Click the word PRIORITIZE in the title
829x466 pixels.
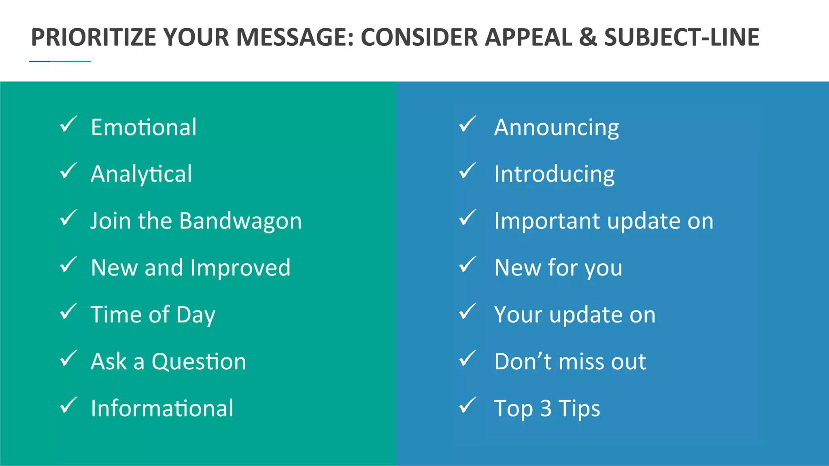pyautogui.click(x=94, y=37)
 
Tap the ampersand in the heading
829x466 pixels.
pyautogui.click(x=587, y=37)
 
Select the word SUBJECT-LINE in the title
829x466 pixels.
pyautogui.click(x=682, y=37)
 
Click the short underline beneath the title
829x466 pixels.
pyautogui.click(x=60, y=61)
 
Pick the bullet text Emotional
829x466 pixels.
pyautogui.click(x=144, y=127)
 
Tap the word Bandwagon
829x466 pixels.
pyautogui.click(x=240, y=221)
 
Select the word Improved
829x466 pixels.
pyautogui.click(x=240, y=268)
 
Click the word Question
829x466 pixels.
pyautogui.click(x=199, y=362)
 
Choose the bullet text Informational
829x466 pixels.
pyautogui.click(x=162, y=408)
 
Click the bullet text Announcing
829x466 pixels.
pyautogui.click(x=557, y=127)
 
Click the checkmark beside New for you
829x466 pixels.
pyautogui.click(x=468, y=265)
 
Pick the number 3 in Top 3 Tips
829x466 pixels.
pyautogui.click(x=546, y=408)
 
